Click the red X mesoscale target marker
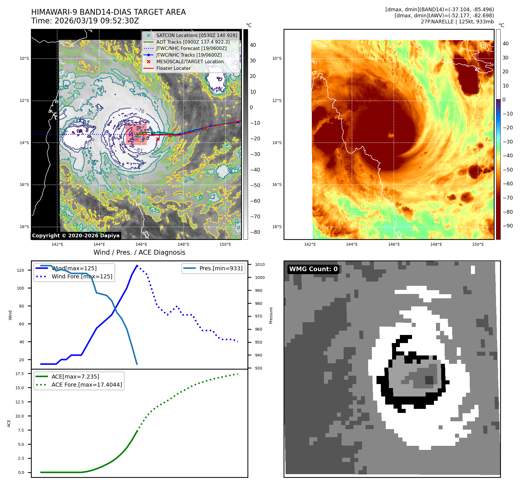[x=158, y=139]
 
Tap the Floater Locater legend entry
[x=173, y=68]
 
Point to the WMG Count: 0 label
[x=313, y=269]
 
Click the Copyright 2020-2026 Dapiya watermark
[x=76, y=236]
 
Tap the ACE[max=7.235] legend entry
[x=75, y=377]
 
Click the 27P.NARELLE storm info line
[x=457, y=22]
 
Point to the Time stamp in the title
[x=85, y=21]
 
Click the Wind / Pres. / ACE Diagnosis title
[x=139, y=252]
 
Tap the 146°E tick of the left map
[x=141, y=244]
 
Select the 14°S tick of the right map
[x=277, y=143]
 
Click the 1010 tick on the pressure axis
[x=260, y=265]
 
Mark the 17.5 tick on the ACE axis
[x=20, y=374]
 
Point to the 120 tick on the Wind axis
[x=20, y=270]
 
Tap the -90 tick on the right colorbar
[x=508, y=226]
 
